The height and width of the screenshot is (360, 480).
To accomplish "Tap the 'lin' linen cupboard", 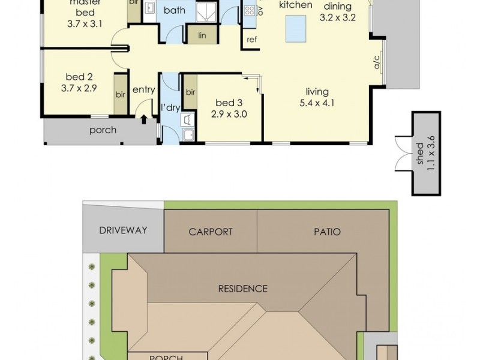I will pos(202,35).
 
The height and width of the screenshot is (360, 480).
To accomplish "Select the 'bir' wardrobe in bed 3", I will pos(190,92).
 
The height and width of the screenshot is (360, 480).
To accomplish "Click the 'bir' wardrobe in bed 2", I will pos(120,94).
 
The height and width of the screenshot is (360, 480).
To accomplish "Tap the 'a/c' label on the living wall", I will pos(378,64).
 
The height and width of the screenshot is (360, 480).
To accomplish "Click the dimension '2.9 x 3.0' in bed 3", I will pos(229,113).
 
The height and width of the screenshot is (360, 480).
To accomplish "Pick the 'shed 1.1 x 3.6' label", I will pos(425,154).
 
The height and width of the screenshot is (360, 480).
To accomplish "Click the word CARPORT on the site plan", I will pos(211,232).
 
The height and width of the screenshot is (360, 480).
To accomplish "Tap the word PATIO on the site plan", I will pos(326,232).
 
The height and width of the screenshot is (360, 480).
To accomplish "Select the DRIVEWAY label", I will pos(123,230).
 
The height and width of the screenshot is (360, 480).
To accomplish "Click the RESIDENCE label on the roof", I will pos(242,289).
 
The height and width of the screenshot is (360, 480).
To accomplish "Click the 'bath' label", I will pos(174,10).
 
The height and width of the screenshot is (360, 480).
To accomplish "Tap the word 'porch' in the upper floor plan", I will pos(103,130).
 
